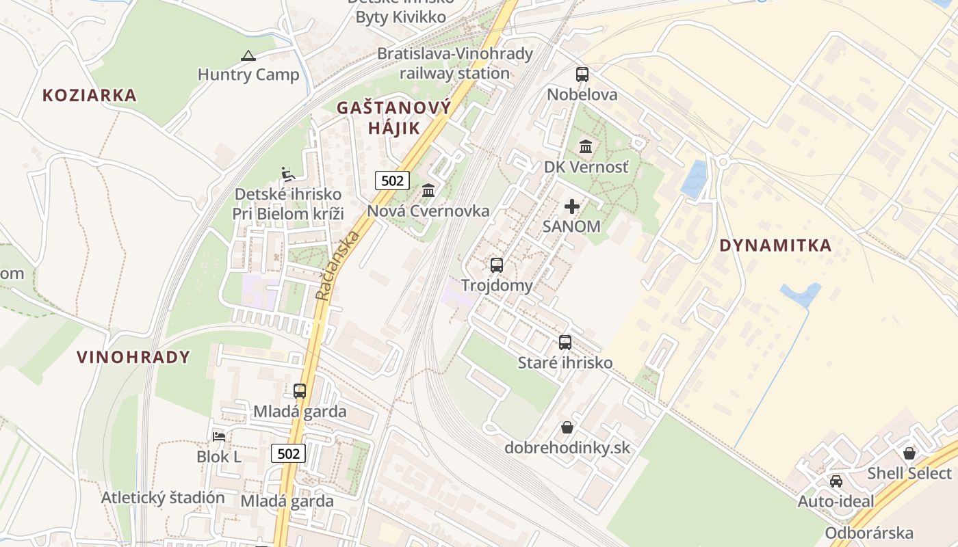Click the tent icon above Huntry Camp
[248, 55]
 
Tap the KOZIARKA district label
[90, 95]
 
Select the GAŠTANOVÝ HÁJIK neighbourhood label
[394, 118]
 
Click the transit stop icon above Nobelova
[582, 75]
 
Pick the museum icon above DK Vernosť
[586, 146]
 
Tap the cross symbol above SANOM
[572, 206]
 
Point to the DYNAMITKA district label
[775, 245]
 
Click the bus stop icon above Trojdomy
[497, 265]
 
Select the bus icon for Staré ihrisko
[565, 343]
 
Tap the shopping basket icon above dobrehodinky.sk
[567, 428]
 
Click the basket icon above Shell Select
[909, 453]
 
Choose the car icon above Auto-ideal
[836, 481]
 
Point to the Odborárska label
[869, 533]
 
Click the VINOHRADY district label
[133, 357]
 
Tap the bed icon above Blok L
[219, 436]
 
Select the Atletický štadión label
[163, 498]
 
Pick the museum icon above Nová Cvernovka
[428, 190]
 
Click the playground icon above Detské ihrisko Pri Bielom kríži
[288, 174]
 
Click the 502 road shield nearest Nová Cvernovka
[392, 181]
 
